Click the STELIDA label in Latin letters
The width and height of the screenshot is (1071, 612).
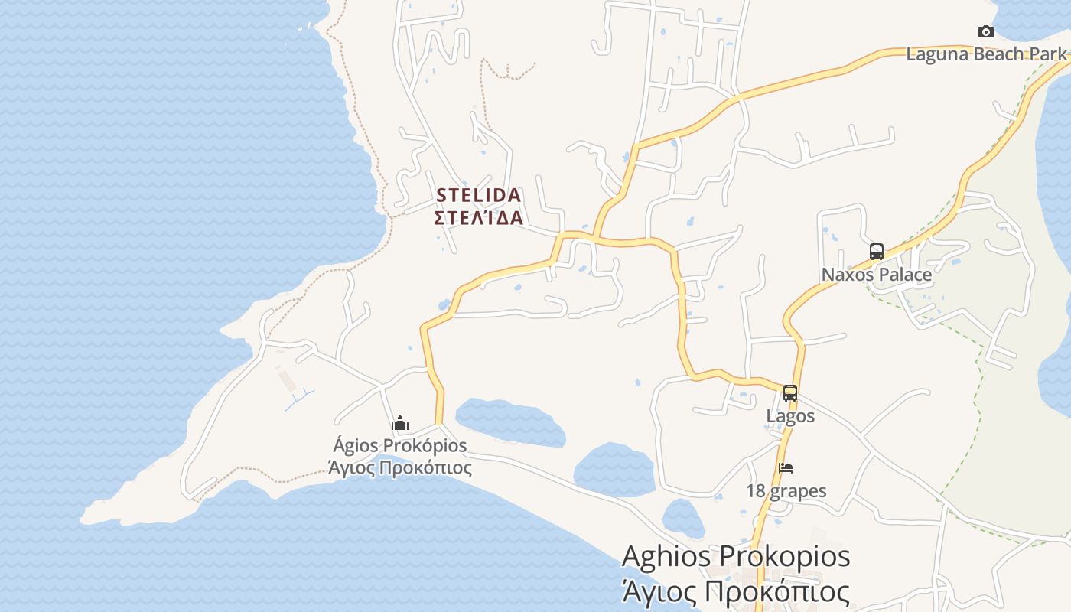point(479,195)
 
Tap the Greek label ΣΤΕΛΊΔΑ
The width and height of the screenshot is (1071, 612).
point(479,218)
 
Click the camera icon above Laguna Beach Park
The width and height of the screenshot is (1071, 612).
point(986,31)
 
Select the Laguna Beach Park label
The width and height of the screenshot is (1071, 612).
point(986,54)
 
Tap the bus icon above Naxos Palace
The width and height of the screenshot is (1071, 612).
point(877,251)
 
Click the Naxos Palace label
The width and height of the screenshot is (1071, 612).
point(877,275)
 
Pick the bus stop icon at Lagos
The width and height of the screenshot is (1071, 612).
point(790,393)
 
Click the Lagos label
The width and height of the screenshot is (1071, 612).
point(790,416)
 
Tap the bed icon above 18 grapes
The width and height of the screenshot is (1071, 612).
point(786,468)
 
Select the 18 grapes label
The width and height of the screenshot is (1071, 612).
point(786,491)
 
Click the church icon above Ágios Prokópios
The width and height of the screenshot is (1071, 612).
point(400,423)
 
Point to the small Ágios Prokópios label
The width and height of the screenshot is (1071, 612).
point(400,445)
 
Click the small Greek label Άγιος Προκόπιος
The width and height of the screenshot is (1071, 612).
point(400,467)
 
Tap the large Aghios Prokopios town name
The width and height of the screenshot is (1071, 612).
point(736,556)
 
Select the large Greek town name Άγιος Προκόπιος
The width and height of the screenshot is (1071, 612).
point(736,591)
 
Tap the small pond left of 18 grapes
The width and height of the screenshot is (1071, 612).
point(682,518)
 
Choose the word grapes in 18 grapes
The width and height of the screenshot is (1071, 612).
point(799,491)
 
